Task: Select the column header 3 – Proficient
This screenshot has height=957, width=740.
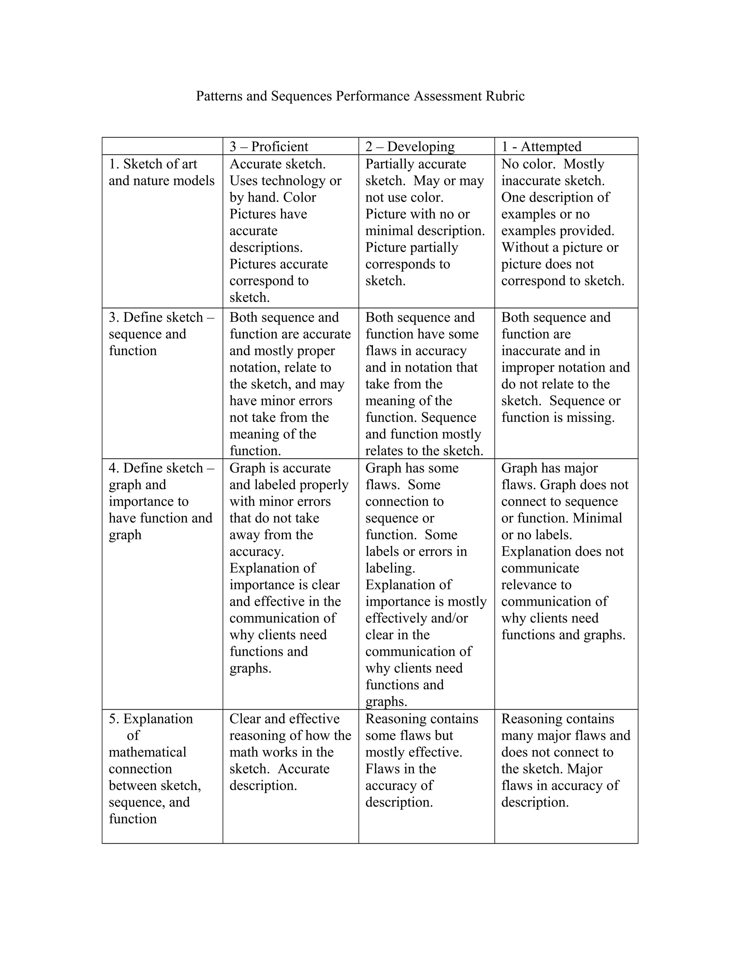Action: [x=269, y=146]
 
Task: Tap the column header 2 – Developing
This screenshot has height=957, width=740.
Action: [x=409, y=146]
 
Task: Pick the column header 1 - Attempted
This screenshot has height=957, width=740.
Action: [x=541, y=146]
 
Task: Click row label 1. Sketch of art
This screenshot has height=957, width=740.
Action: [x=152, y=164]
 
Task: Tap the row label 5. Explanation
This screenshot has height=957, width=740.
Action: [x=151, y=719]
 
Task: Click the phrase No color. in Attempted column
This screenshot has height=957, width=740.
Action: [x=528, y=164]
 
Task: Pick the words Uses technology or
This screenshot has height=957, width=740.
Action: [x=285, y=181]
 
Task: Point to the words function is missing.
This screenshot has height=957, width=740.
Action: [x=558, y=417]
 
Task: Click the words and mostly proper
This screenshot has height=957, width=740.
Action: [x=282, y=351]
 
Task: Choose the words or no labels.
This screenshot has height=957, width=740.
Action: [x=537, y=534]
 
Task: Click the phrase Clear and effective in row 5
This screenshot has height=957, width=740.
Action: [x=284, y=719]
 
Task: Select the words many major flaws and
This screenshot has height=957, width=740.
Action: [x=565, y=735]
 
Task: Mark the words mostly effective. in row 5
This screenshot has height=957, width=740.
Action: [x=413, y=752]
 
